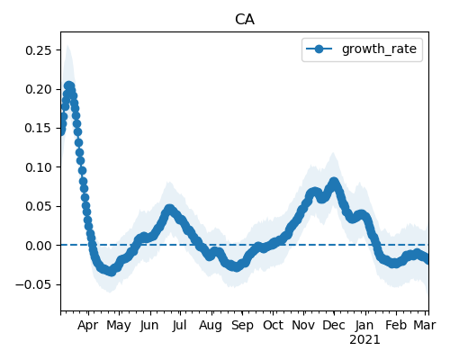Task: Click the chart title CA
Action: coord(245,20)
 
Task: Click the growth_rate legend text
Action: coord(379,49)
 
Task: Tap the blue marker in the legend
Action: coord(319,49)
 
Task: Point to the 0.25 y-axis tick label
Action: coord(38,50)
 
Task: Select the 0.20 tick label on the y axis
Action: coord(38,89)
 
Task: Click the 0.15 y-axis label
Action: coord(38,129)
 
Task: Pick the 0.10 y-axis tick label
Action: coord(38,167)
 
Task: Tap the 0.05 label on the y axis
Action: coord(38,207)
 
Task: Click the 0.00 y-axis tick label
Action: coord(38,246)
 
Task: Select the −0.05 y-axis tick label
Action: coord(33,284)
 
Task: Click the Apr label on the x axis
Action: coord(88,326)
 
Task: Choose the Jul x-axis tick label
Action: coord(179,325)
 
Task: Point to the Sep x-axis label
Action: coord(242,326)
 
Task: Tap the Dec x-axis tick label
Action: coord(333,325)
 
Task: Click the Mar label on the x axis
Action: coord(425,325)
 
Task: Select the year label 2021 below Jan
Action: coord(364,340)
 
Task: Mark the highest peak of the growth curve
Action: coord(69,86)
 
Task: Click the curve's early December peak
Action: coord(334,182)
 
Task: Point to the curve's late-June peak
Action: coord(170,209)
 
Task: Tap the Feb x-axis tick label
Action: coord(396,325)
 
